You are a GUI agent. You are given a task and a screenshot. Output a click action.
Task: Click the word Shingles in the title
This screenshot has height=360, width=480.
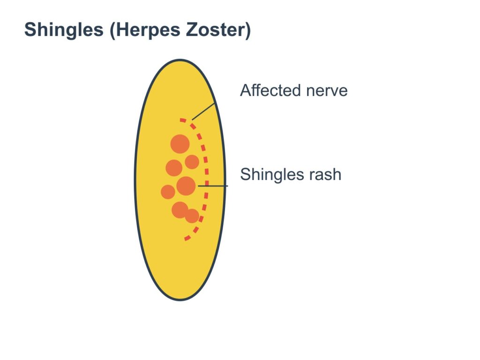[x=64, y=30]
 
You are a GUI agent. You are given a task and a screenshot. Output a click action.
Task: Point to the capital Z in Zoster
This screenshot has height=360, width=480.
[x=192, y=30]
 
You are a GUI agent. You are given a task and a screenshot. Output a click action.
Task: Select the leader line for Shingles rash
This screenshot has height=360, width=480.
[x=213, y=186]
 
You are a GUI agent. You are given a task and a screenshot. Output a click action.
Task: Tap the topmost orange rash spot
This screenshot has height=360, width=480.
[x=180, y=143]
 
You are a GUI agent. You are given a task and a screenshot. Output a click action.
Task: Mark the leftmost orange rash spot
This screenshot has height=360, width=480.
[x=168, y=192]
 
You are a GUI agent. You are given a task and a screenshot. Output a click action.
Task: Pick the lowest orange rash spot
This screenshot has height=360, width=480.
[x=192, y=216]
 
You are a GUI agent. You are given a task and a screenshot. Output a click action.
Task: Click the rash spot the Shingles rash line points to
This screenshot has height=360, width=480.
[x=186, y=186]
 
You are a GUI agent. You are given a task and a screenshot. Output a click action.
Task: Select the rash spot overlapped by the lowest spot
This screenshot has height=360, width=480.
[x=180, y=210]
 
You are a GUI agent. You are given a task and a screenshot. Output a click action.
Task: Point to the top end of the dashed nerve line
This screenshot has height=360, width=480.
[x=180, y=120]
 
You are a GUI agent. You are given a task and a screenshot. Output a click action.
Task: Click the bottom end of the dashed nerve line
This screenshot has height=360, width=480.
[x=185, y=239]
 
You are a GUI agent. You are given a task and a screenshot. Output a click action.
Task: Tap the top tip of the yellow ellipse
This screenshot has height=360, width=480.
[x=180, y=60]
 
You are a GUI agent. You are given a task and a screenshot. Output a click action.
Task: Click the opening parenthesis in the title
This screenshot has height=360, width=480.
[x=112, y=30]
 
